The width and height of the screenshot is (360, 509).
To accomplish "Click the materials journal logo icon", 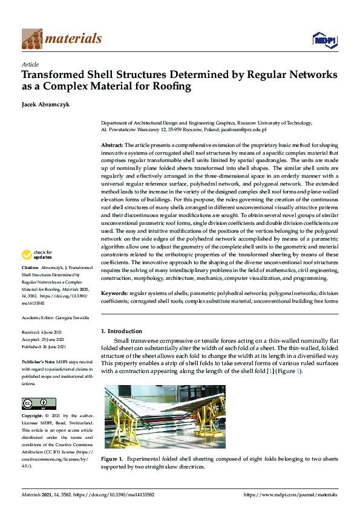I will click(32, 39).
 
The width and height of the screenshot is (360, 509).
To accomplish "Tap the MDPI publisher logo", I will click(324, 40).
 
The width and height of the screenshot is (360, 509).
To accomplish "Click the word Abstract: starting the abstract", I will click(111, 145).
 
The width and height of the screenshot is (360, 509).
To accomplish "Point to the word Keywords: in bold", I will click(114, 292).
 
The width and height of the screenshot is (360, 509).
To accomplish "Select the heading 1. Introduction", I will click(122, 331).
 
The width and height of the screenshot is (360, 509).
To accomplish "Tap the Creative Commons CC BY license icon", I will click(39, 403).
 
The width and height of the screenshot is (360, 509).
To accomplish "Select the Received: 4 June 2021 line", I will click(39, 332).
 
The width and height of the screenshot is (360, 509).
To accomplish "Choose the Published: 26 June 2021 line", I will click(40, 347).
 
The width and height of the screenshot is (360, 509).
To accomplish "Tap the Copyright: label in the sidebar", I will click(33, 416).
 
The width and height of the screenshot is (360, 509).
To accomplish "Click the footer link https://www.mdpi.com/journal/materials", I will click(290, 494).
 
